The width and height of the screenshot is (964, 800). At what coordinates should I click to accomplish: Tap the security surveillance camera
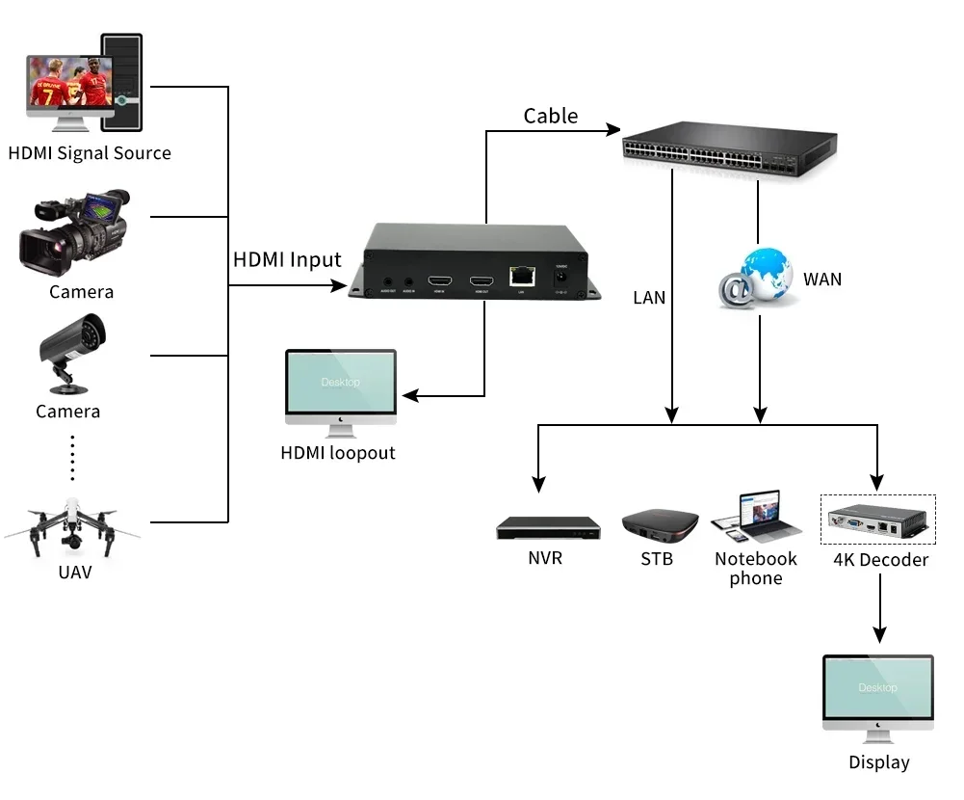pos(71,352)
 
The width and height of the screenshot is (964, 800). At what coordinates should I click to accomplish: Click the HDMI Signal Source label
pos(90,153)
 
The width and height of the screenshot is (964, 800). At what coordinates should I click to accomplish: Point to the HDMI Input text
pos(287,260)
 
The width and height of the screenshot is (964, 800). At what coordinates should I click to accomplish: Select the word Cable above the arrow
pos(551,117)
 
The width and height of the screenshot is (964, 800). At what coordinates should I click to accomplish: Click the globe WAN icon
pos(758,278)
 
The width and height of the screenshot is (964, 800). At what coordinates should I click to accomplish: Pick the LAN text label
pos(649,298)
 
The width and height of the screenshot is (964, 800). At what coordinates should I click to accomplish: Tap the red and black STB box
pos(659,526)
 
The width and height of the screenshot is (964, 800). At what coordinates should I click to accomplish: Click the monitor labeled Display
pos(877,688)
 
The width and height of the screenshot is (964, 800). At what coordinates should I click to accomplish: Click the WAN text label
pos(822,280)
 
